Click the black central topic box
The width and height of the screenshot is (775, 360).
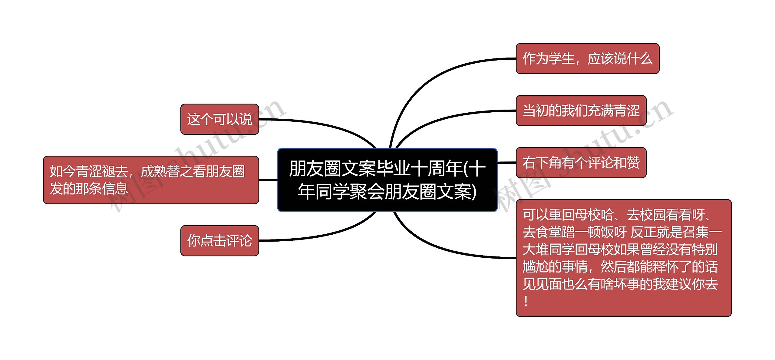point(387,180)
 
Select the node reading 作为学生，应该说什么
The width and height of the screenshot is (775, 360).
point(587,58)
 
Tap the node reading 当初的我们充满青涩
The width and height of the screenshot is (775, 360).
point(581,111)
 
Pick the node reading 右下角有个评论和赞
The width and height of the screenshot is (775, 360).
point(581,163)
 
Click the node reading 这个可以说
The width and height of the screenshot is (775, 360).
point(219,119)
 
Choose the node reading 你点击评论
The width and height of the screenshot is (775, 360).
point(219,241)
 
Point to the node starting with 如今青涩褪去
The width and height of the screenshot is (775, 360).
point(151,180)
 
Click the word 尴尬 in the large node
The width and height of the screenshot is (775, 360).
point(536,267)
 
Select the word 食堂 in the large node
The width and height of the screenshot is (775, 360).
point(548,232)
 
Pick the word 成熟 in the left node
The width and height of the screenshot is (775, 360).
point(154,171)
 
